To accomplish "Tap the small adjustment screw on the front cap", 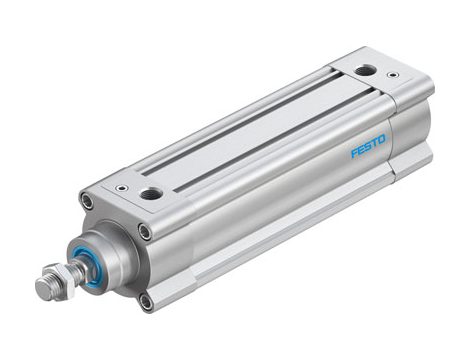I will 121,187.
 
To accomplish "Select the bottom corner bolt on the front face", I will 146,300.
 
